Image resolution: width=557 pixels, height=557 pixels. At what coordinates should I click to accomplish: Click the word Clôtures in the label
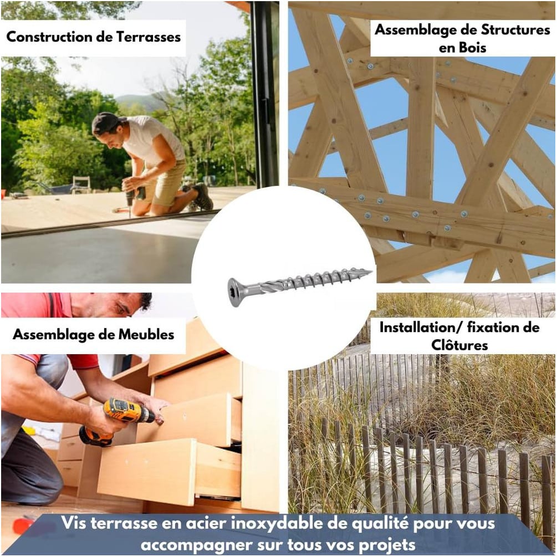(x=459, y=345)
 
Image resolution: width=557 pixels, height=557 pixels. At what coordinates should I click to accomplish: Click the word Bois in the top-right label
(x=462, y=48)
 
